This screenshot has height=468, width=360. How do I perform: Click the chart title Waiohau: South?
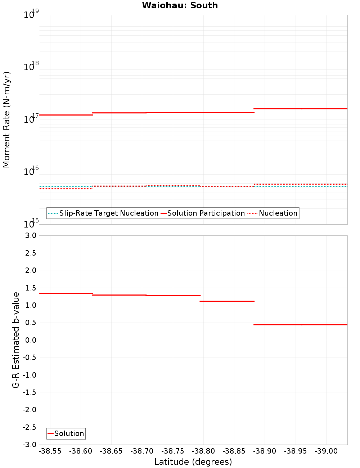click(180, 5)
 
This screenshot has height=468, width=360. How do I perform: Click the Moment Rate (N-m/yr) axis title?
click(6, 120)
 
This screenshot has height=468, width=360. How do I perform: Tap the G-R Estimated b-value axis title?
click(16, 340)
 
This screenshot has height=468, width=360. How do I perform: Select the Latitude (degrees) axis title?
click(193, 462)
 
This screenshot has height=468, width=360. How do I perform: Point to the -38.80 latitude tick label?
click(203, 451)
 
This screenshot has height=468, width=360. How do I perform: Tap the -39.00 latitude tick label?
click(326, 451)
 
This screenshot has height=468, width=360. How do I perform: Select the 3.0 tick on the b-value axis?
click(30, 235)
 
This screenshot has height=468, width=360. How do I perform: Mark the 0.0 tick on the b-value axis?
click(30, 340)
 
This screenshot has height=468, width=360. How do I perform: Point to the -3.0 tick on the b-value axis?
click(29, 445)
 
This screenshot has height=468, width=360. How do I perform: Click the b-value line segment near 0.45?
click(301, 325)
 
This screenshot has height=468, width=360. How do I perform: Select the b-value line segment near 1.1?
click(227, 301)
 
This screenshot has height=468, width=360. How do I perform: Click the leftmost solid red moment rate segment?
click(66, 115)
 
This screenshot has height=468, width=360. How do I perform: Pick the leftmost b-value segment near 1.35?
click(66, 293)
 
